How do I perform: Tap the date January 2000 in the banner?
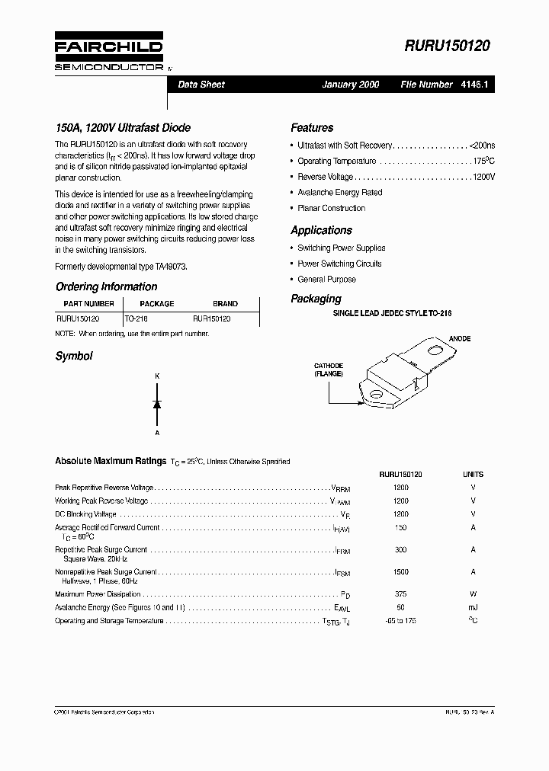[x=350, y=85]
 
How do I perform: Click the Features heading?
[x=312, y=128]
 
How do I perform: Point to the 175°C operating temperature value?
[x=483, y=161]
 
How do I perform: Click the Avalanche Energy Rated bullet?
[x=339, y=192]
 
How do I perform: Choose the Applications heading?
[x=321, y=230]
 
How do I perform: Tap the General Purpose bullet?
[x=326, y=279]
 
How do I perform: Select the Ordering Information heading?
[x=107, y=287]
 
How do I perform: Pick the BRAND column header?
[x=225, y=304]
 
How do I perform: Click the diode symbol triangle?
[x=157, y=404]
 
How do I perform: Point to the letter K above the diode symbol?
[x=157, y=376]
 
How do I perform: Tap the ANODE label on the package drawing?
[x=460, y=338]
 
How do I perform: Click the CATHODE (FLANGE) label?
[x=329, y=370]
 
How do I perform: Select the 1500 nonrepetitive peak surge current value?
[x=401, y=571]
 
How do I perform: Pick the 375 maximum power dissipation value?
[x=401, y=594]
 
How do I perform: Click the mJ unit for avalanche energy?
[x=473, y=608]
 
